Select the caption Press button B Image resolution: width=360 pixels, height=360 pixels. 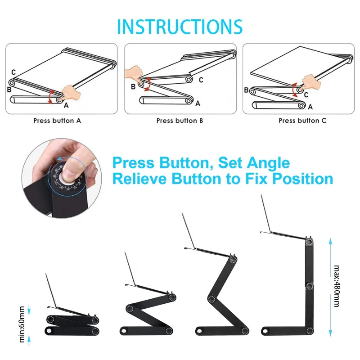click(x=180, y=121)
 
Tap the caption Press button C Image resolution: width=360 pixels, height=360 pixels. click(x=302, y=121)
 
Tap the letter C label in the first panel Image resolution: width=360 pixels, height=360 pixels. click(x=14, y=72)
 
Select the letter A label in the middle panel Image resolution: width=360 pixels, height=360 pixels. click(x=197, y=103)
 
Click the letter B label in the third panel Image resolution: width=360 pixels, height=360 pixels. click(x=246, y=90)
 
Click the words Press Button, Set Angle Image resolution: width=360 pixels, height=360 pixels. click(x=201, y=162)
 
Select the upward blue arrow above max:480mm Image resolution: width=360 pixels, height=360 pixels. click(x=331, y=243)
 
